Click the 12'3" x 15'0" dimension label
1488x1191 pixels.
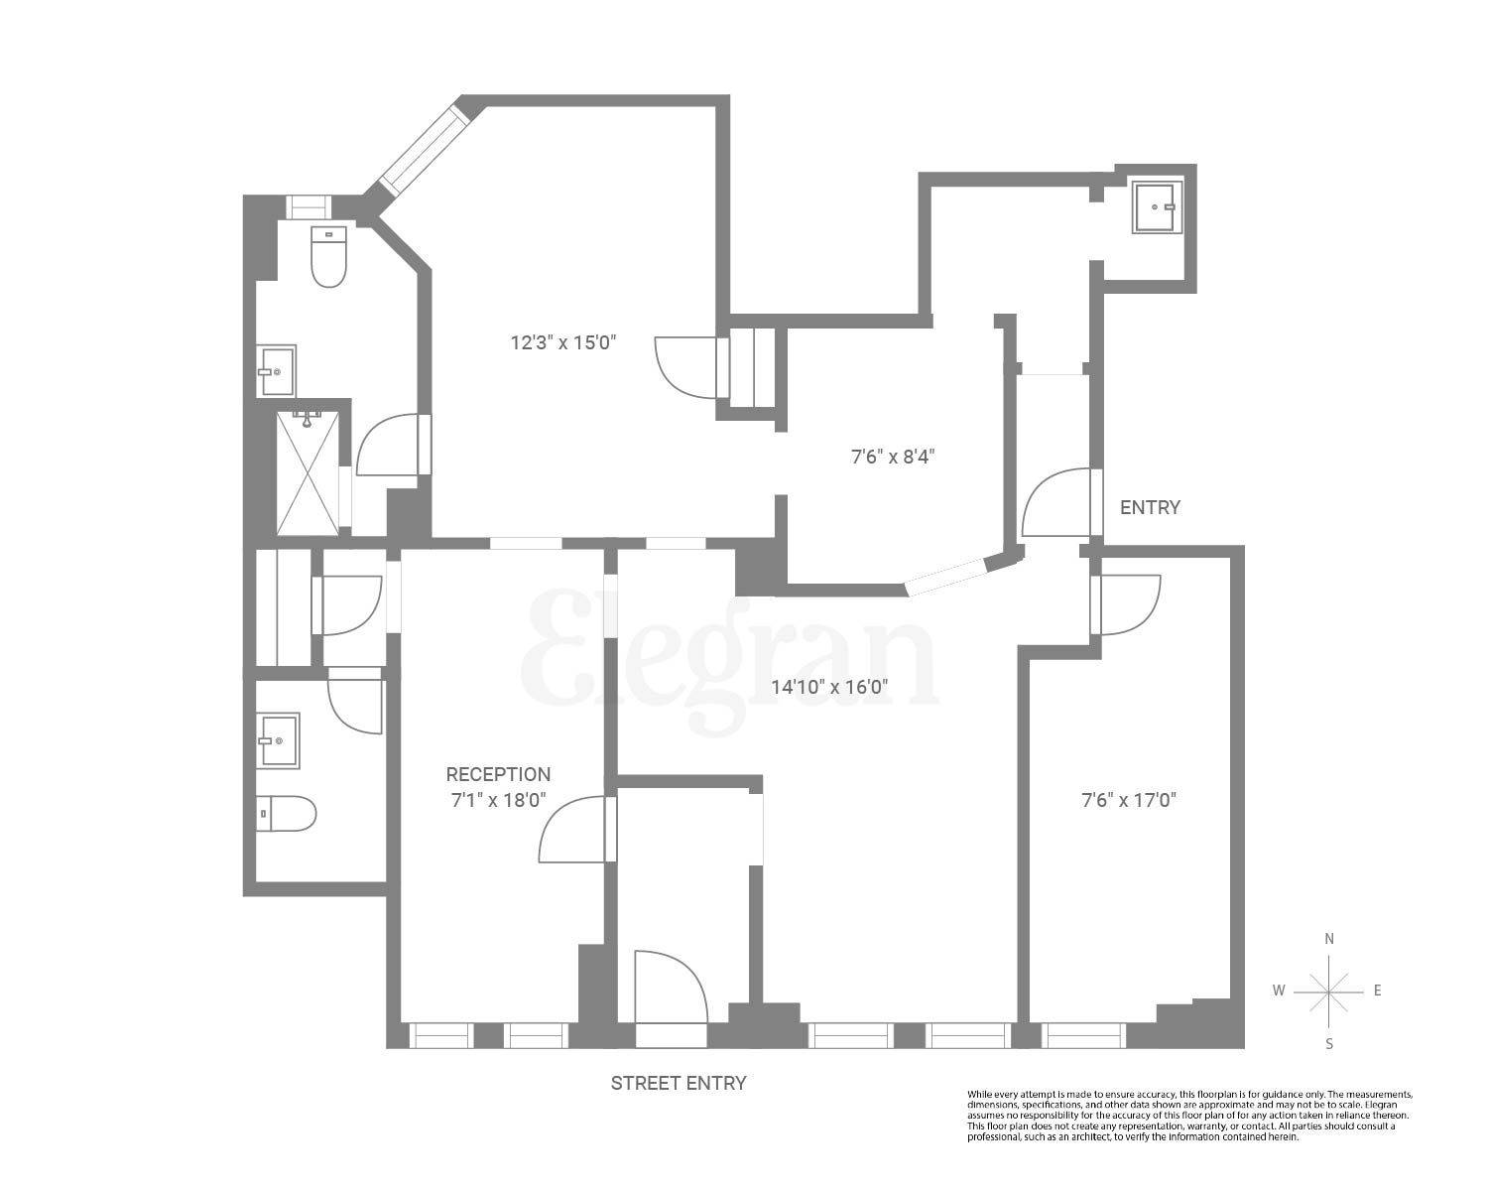click(x=563, y=343)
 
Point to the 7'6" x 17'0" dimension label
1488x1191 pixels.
click(x=1129, y=799)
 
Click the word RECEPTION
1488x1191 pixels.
click(x=498, y=774)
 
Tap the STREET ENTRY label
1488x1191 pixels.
click(x=678, y=1083)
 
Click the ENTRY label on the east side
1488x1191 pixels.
click(x=1150, y=507)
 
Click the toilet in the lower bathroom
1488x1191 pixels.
click(x=287, y=814)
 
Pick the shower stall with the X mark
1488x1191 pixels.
click(x=308, y=473)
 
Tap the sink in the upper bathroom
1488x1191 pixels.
click(x=277, y=370)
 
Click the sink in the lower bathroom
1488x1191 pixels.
click(x=279, y=740)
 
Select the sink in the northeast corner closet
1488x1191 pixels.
click(x=1157, y=206)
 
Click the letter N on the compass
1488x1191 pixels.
click(x=1329, y=939)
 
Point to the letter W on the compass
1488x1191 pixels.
click(x=1280, y=991)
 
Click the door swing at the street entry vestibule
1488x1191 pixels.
click(x=671, y=988)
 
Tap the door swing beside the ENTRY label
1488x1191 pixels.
click(x=1057, y=503)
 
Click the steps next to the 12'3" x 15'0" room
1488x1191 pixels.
click(x=753, y=367)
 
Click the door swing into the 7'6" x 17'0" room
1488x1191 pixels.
click(x=1129, y=604)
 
